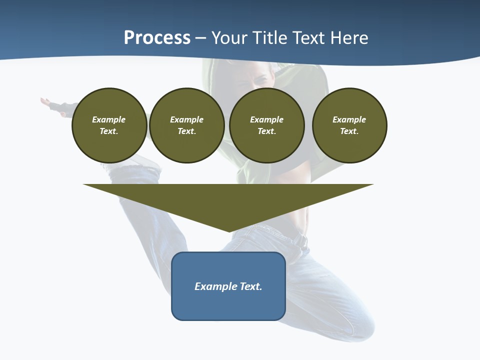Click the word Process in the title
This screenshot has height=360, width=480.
157,38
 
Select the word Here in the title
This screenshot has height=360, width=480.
348,38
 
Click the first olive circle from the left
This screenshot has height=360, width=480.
109,125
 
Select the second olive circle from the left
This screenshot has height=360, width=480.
186,125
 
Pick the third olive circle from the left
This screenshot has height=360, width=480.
266,125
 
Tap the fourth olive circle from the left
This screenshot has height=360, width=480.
349,125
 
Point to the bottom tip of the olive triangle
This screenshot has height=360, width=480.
229,231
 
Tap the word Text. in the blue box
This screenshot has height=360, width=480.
251,286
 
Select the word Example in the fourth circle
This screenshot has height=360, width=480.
349,119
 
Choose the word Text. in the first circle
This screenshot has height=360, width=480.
109,131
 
